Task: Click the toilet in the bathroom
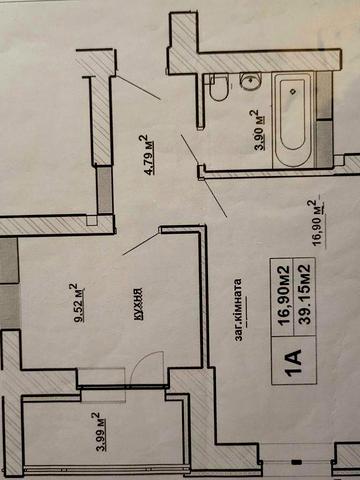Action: click(219, 87)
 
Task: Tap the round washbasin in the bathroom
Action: click(250, 81)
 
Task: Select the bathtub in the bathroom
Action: click(293, 120)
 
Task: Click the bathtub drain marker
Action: click(293, 91)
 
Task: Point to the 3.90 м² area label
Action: click(261, 130)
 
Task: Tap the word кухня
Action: click(139, 304)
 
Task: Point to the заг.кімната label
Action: click(240, 310)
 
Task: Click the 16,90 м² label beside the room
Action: click(317, 223)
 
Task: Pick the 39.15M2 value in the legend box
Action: click(305, 294)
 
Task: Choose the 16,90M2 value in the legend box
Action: click(284, 295)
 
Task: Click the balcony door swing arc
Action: click(144, 364)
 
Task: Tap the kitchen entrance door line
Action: click(141, 244)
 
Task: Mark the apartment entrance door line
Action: click(138, 88)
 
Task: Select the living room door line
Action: click(215, 197)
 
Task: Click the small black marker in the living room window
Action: click(296, 462)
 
